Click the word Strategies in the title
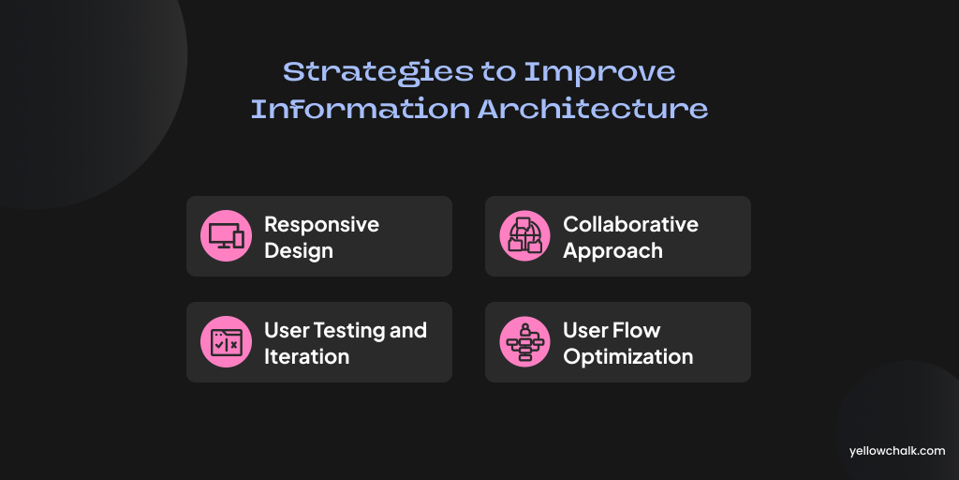tap(378, 73)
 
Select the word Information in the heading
tap(361, 109)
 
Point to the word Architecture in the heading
tap(593, 109)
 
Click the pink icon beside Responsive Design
tap(227, 235)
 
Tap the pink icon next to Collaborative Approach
tap(524, 235)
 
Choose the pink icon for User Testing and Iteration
tap(227, 341)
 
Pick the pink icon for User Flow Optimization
tap(524, 341)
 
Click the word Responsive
tap(322, 225)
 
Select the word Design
tap(299, 251)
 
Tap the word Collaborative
tap(630, 224)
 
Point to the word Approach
tap(612, 251)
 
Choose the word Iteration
tap(306, 356)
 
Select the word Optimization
tap(628, 357)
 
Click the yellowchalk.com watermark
tap(897, 451)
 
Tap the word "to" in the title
tap(498, 73)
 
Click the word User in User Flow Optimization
tap(585, 331)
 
